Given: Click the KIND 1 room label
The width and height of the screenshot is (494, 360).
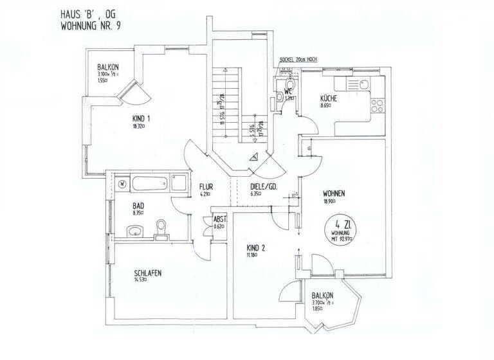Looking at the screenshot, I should [141, 118].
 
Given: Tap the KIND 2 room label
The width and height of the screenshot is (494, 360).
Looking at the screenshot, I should [257, 248].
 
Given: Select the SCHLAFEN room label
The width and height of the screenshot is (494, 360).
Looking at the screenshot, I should [147, 273].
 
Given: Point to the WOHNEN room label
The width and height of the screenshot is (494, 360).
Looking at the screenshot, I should [336, 193].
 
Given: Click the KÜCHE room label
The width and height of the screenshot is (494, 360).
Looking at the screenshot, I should [329, 98].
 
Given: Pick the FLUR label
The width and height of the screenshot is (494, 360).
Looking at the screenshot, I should [206, 188].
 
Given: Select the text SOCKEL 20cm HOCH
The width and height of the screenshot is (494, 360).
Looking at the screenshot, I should [299, 60].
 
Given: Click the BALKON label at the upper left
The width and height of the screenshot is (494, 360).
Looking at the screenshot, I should [107, 68].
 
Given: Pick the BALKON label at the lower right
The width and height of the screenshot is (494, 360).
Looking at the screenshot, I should [323, 297].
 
